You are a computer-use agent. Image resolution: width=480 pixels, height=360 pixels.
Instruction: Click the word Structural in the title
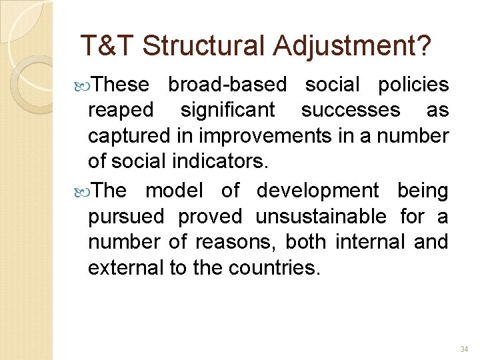pyautogui.click(x=203, y=46)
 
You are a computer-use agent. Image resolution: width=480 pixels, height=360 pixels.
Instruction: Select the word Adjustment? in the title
pyautogui.click(x=351, y=46)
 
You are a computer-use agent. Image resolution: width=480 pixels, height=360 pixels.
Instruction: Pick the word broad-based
pyautogui.click(x=227, y=85)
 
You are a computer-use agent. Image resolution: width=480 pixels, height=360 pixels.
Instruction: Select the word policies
pyautogui.click(x=413, y=85)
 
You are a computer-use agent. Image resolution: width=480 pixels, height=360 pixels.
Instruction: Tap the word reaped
pyautogui.click(x=121, y=110)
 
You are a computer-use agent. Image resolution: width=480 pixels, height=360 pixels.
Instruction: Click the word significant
pyautogui.click(x=227, y=110)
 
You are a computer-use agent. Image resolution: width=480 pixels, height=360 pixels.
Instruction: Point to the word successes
pyautogui.click(x=351, y=110)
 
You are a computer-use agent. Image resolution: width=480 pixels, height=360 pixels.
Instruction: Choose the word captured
pyautogui.click(x=130, y=136)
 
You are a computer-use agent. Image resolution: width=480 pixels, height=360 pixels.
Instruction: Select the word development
pyautogui.click(x=317, y=191)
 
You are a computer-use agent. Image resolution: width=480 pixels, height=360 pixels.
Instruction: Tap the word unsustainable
pyautogui.click(x=321, y=217)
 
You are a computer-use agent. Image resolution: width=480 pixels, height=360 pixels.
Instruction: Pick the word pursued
pyautogui.click(x=126, y=217)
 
